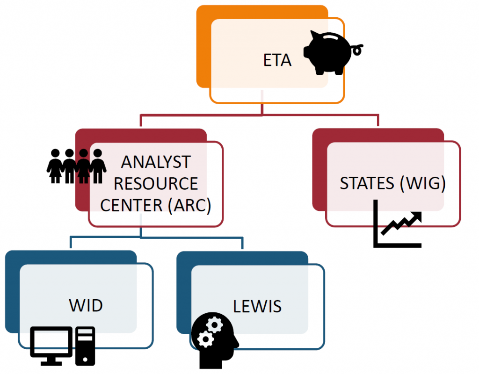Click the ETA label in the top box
tap(277, 61)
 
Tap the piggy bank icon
tap(329, 52)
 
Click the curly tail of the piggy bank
tap(358, 47)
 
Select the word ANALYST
tap(155, 162)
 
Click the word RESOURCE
tap(155, 184)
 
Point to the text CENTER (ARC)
tap(155, 205)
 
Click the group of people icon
tap(76, 166)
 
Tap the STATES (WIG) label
tap(392, 183)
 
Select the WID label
tap(86, 306)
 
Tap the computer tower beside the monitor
tap(85, 346)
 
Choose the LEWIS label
tap(257, 306)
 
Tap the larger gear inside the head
tap(204, 339)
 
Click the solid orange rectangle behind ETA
tap(203, 47)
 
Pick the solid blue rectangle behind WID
tap(12, 290)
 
